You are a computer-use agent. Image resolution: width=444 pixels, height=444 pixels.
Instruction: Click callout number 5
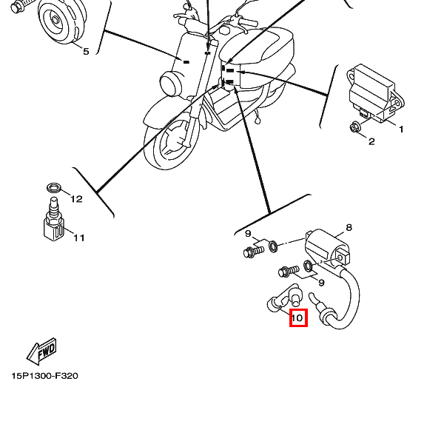pyautogui.click(x=85, y=51)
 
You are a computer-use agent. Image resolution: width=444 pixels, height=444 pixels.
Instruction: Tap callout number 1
pyautogui.click(x=402, y=129)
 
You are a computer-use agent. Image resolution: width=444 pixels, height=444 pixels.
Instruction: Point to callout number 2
pyautogui.click(x=371, y=141)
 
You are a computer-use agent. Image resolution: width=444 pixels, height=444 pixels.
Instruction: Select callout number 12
pyautogui.click(x=76, y=198)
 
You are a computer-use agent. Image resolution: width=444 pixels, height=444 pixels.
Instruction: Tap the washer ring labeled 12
pyautogui.click(x=53, y=186)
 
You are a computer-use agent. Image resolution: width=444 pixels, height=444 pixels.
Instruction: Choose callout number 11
pyautogui.click(x=78, y=238)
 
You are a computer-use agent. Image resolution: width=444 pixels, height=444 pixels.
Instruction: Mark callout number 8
pyautogui.click(x=349, y=227)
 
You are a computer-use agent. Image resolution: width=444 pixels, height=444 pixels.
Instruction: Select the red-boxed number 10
pyautogui.click(x=297, y=319)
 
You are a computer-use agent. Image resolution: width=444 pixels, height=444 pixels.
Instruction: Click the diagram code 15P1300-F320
pyautogui.click(x=44, y=376)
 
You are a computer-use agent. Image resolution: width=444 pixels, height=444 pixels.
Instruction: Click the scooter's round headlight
pyautogui.click(x=172, y=82)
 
